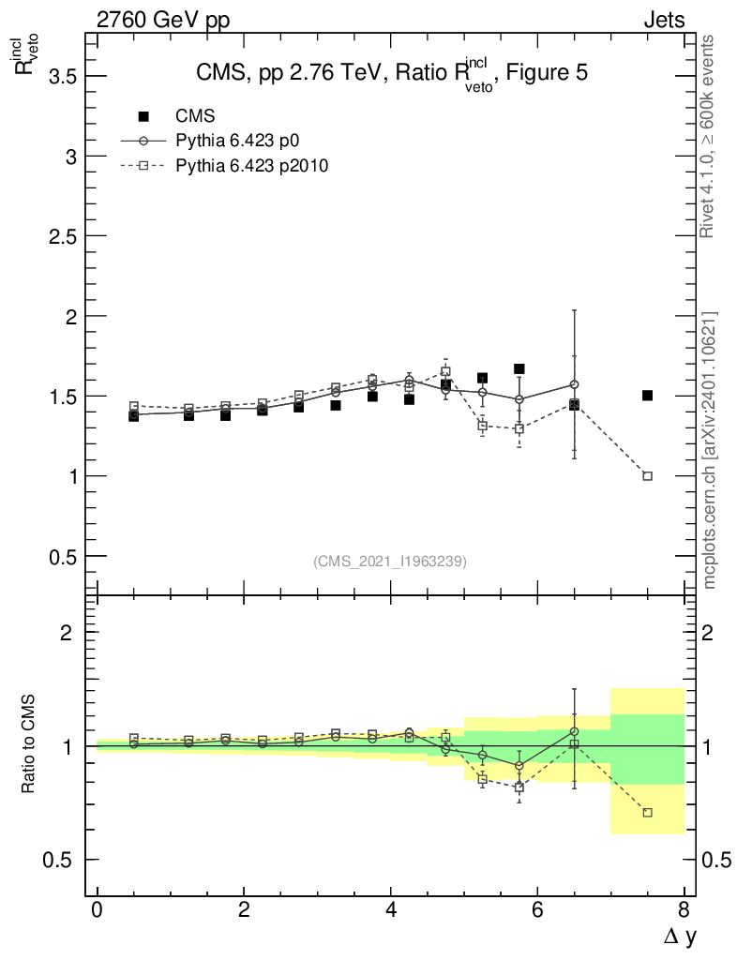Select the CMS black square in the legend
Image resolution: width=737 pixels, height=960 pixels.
point(143,116)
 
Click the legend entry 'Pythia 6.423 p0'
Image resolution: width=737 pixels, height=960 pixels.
point(237,141)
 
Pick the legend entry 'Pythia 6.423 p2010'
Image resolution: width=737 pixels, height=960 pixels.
point(251,166)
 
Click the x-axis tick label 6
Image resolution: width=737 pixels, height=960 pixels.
point(537,909)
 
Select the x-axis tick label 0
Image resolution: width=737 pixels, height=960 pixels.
point(97,909)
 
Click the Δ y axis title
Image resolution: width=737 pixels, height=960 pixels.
point(672,935)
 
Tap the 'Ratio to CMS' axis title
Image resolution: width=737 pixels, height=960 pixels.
point(31,744)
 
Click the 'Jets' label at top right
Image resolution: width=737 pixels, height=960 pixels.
point(663,20)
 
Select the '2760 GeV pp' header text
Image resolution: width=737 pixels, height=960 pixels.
point(163,20)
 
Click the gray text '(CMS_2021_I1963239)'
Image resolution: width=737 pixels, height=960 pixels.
point(390,562)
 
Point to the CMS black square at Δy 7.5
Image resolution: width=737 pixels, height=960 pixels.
point(647,396)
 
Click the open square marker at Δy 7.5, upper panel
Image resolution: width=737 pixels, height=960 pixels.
point(647,476)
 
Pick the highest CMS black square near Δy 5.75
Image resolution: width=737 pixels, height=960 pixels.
point(519,368)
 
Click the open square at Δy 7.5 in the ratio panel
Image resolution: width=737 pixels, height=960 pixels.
point(647,813)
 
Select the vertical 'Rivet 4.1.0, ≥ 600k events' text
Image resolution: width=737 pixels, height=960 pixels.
point(708,136)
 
